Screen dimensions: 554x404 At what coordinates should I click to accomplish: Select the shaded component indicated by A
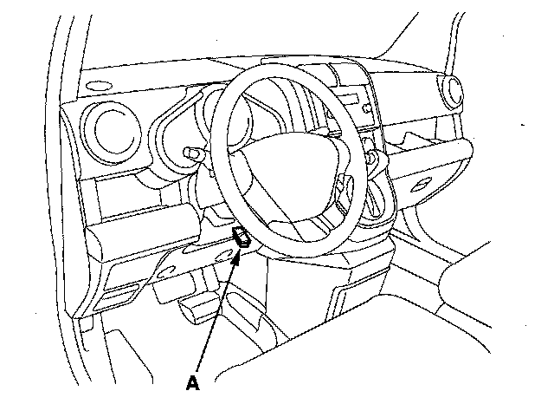[x=243, y=238]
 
